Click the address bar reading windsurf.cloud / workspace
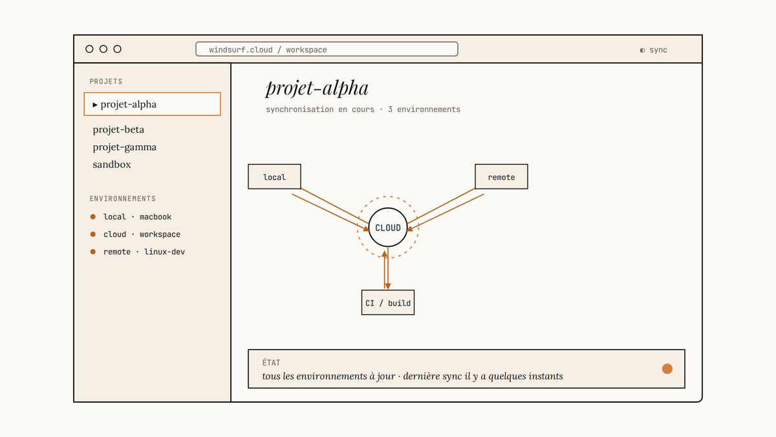pos(327,49)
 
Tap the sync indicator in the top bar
pos(653,50)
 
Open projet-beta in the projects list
pos(118,129)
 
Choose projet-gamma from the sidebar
pos(124,147)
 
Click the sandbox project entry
pos(111,164)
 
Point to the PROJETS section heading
pos(106,82)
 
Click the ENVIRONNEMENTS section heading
pos(123,199)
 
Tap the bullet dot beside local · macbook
pos(93,217)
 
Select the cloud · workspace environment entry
pos(142,234)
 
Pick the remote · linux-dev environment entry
pos(144,252)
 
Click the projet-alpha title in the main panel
pos(317,88)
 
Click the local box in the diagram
pos(274,177)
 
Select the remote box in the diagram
pos(501,177)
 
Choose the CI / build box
pos(388,302)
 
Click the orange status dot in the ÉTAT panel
pos(667,368)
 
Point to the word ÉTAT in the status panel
pos(271,363)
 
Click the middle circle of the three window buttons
pos(103,49)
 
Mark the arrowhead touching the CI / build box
pos(388,286)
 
